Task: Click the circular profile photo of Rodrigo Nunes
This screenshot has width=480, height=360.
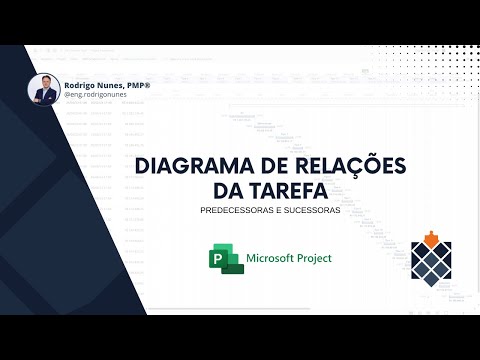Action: coord(44,89)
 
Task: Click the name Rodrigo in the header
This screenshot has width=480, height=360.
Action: coord(81,85)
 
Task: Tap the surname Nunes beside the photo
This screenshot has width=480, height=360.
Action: coord(110,85)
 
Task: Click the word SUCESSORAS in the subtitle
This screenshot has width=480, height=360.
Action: coord(311,210)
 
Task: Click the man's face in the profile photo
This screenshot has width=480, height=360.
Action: coord(44,83)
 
